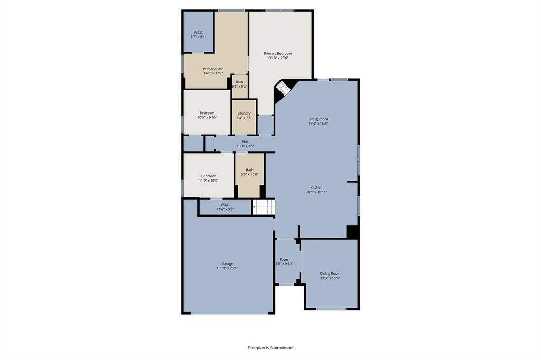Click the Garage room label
[x=227, y=264]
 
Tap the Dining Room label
[x=330, y=274]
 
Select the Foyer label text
[x=284, y=260]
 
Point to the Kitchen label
[x=316, y=187]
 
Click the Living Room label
[x=318, y=119]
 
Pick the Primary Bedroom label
[x=278, y=53]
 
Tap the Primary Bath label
[x=213, y=69]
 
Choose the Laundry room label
[x=244, y=113]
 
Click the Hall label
[x=245, y=141]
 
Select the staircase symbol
[x=264, y=207]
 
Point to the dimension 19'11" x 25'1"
[x=227, y=268]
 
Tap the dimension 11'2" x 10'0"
[x=209, y=181]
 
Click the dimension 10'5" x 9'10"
[x=207, y=117]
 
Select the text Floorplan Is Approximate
[x=270, y=348]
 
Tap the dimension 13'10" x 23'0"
[x=278, y=58]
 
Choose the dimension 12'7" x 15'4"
[x=330, y=278]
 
